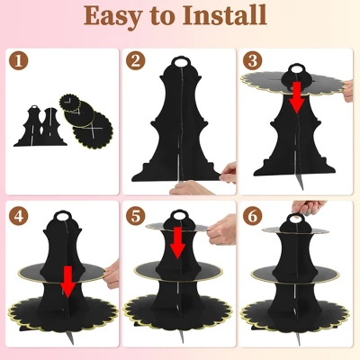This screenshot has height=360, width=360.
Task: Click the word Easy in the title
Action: pos(112,15)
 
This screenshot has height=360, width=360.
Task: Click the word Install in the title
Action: pos(225,15)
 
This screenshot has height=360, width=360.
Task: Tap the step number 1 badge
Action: pos(18,60)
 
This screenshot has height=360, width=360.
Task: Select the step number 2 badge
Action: pos(136,60)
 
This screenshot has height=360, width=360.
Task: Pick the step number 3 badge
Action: pos(253,60)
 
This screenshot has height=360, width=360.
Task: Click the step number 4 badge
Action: pos(18,216)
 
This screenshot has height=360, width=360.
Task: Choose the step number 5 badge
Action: pos(136,216)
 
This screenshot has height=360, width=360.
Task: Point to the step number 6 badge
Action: pos(253,216)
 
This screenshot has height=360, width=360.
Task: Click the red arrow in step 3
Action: pos(297,98)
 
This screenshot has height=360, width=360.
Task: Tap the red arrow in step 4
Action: pos(68,282)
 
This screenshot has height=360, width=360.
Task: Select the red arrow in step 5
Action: pos(177,242)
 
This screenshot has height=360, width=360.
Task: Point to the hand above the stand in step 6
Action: pos(309,207)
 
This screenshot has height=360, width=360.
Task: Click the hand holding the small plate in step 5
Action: pos(221,229)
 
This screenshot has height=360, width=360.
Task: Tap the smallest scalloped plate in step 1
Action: pos(70,103)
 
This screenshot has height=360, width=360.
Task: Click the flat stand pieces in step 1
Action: pos(40,126)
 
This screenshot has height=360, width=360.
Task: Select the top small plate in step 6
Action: pos(295,230)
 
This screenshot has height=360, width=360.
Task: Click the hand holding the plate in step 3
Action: pos(348,91)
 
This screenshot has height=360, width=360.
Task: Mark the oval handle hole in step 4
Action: pos(62,216)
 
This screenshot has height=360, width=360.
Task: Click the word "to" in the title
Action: pos(162,16)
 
